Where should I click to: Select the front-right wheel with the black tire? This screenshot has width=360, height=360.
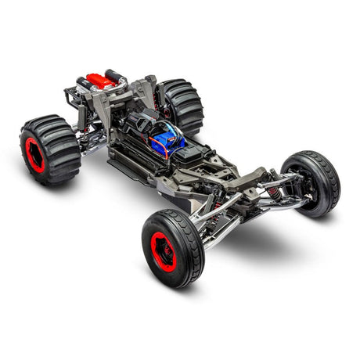coord(311,183)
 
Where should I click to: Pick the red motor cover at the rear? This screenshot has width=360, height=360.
coord(102,80)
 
